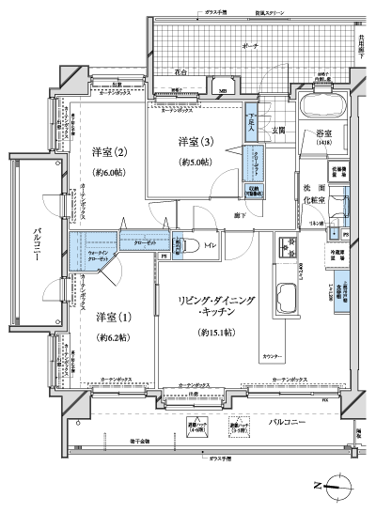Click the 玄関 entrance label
(x=279, y=130)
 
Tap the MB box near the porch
(x=222, y=92)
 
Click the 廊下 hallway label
(x=241, y=215)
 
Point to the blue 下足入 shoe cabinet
(x=253, y=116)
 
